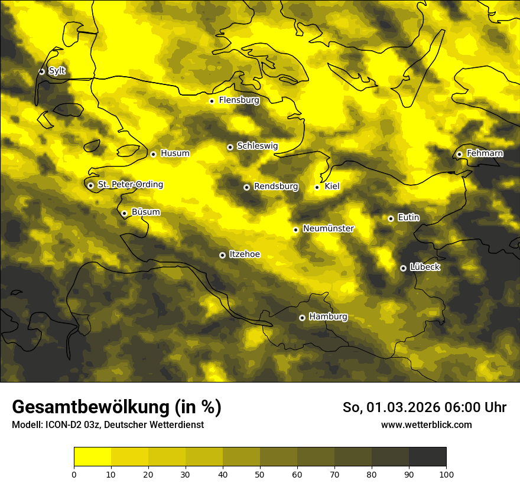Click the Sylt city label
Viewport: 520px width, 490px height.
point(57,71)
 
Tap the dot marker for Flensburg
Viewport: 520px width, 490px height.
point(212,101)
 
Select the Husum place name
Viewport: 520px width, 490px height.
point(175,153)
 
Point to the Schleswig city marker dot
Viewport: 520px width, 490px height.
point(230,147)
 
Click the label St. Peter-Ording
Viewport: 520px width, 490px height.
point(131,185)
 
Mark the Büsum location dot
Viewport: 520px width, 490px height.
point(124,214)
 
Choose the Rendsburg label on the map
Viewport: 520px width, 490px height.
point(276,187)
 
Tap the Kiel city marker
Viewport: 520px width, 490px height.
point(317,187)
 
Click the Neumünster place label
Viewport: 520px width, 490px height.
point(329,228)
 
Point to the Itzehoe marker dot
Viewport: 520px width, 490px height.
point(222,255)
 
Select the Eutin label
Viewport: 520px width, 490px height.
point(409,218)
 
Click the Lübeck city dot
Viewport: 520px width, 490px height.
point(403,268)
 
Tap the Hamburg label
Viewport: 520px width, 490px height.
point(329,317)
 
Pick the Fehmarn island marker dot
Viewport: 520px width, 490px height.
point(459,154)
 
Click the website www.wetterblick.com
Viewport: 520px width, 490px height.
point(426,424)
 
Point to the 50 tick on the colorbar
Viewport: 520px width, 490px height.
point(260,473)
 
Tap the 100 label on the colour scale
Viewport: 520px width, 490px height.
point(446,473)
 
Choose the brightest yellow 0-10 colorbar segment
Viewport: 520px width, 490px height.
point(92,456)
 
